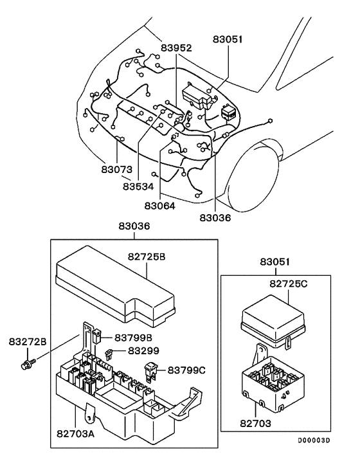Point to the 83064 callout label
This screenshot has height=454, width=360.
pyautogui.click(x=161, y=206)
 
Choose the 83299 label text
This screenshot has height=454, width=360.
pyautogui.click(x=143, y=351)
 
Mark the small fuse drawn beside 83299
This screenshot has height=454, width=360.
pyautogui.click(x=111, y=352)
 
